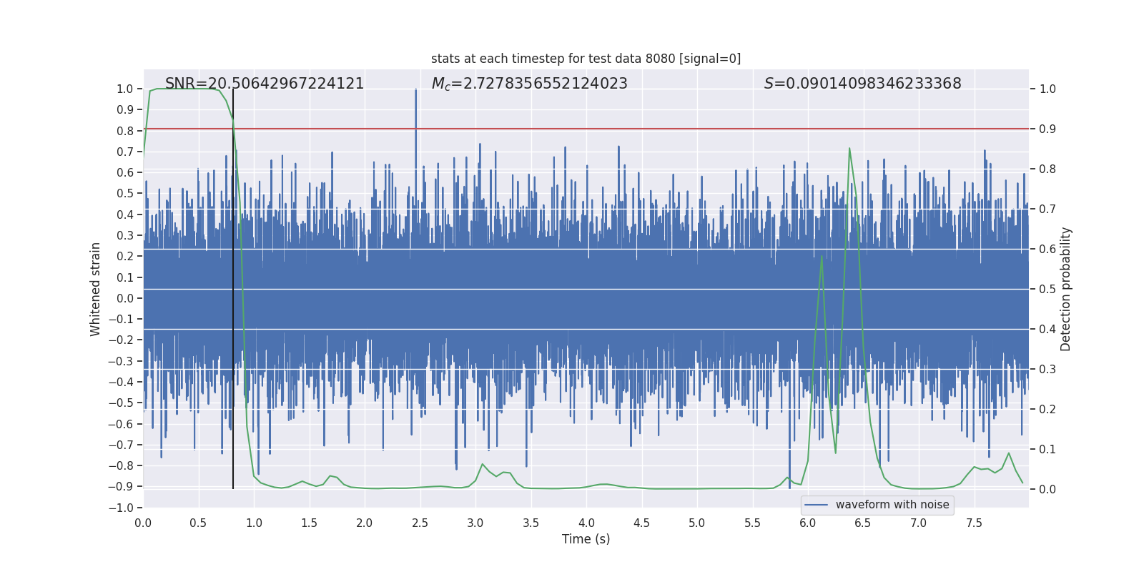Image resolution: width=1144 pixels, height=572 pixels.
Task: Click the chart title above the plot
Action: [586, 59]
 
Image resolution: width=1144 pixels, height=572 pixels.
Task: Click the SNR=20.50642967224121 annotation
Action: [265, 84]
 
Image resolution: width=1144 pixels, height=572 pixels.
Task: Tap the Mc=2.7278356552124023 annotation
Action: [529, 84]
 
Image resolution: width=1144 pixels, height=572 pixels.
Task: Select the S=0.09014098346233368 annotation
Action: [862, 84]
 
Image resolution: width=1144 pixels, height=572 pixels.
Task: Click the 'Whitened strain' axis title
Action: [96, 289]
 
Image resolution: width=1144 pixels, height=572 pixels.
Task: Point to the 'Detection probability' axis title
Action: [1065, 289]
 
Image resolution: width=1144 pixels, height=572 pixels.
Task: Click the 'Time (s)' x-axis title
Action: [586, 539]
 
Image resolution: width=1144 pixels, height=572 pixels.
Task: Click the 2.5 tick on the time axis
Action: [420, 523]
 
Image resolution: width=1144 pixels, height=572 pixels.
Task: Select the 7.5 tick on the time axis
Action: [974, 523]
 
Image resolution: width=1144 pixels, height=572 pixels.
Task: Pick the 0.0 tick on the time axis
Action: [143, 523]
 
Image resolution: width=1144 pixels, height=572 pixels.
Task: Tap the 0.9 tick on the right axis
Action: [1047, 129]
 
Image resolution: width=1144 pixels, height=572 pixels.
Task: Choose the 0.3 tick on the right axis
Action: [1047, 370]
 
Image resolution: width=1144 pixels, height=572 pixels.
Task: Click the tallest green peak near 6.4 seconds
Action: [849, 149]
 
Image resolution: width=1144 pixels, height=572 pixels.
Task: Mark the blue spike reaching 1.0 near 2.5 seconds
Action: [416, 92]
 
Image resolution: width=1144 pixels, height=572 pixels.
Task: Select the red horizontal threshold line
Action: [643, 129]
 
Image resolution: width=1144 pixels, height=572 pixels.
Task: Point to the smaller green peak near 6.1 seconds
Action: [822, 257]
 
